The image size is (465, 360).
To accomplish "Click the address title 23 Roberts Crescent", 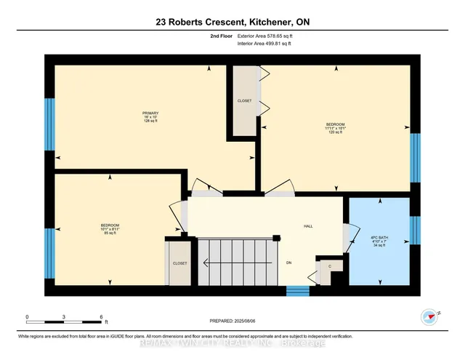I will [232, 22].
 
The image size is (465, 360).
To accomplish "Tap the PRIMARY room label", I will [150, 116].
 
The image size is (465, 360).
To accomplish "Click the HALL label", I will [307, 226].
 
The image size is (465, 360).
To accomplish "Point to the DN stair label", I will [288, 263].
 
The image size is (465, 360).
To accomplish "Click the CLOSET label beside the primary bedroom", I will [244, 100].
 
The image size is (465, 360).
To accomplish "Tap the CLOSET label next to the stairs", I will [179, 263].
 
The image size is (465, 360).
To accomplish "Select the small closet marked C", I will [330, 267].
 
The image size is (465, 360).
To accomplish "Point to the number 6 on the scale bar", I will [102, 316].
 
